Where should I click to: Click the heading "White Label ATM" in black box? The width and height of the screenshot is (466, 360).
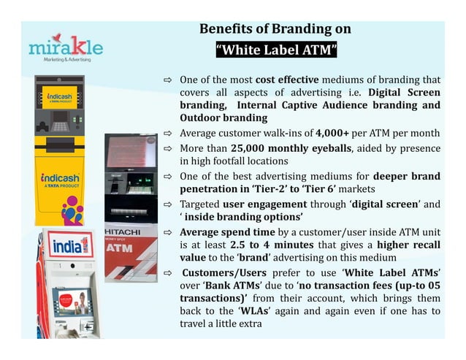276,50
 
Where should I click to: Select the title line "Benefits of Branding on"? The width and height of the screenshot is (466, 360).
275,29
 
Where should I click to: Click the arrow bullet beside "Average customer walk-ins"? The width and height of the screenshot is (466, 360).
167,134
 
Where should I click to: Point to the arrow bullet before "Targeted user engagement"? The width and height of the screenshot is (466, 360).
167,203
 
